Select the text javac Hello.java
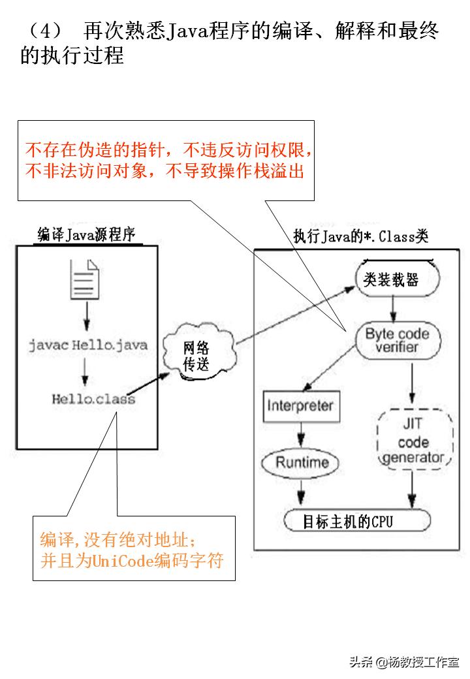click(x=87, y=345)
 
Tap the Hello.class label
click(x=93, y=398)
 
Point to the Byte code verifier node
click(x=397, y=341)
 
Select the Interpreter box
click(x=300, y=405)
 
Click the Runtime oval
click(x=301, y=463)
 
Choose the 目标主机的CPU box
click(x=357, y=522)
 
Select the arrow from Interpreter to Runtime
click(x=300, y=435)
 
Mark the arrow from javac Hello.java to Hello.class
click(x=84, y=372)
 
